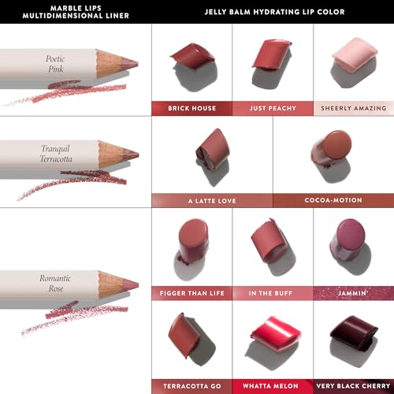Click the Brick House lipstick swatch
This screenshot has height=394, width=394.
[x=192, y=56]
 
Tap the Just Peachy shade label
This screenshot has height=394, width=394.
[x=273, y=108]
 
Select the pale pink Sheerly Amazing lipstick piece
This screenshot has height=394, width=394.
[x=355, y=54]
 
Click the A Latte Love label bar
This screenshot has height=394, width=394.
[x=212, y=201]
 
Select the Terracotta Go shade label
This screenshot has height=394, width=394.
[x=192, y=386]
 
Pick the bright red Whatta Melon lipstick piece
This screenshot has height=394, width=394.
[x=276, y=333]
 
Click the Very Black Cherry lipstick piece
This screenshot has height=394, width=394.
[x=354, y=333]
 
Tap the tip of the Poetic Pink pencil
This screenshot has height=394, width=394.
[x=137, y=64]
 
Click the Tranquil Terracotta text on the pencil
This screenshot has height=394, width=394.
[x=56, y=154]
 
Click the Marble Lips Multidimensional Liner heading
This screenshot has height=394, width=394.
[x=76, y=12]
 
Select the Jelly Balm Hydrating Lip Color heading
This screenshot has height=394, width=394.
[x=274, y=12]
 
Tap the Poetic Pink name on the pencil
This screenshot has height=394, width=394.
[x=55, y=64]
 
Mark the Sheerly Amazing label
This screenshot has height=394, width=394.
[x=354, y=108]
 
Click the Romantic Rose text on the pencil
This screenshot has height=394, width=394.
[x=55, y=283]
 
